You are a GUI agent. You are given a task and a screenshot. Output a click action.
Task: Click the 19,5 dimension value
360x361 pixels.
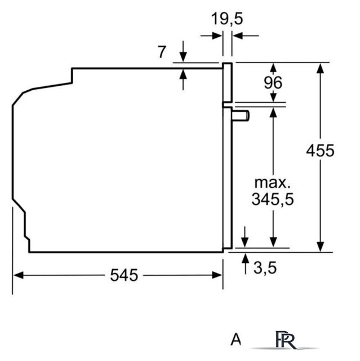(227, 19)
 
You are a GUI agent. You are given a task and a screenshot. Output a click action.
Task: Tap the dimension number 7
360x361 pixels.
(162, 52)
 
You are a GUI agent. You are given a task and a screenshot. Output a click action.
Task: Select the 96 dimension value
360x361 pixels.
(273, 83)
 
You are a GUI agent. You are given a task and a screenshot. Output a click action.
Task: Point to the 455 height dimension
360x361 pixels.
(320, 151)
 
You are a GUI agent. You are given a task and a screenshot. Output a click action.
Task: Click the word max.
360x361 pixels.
(273, 183)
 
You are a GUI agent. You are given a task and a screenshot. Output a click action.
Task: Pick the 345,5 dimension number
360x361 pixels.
(273, 199)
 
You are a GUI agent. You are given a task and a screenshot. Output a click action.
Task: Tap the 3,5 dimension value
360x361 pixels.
(265, 268)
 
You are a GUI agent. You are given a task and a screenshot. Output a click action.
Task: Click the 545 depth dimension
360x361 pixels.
(124, 275)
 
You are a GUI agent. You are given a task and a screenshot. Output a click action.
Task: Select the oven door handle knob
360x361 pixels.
(241, 116)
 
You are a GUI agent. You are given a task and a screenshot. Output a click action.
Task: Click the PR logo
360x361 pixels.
(286, 340)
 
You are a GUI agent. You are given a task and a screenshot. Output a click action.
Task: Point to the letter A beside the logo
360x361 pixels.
(235, 340)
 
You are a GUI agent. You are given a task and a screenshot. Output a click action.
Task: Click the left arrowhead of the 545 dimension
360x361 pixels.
(19, 275)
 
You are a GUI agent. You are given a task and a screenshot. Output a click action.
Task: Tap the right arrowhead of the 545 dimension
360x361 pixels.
(217, 275)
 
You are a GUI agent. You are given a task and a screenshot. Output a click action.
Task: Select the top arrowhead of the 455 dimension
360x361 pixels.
(320, 68)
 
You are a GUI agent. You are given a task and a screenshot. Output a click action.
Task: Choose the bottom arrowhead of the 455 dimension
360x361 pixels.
(320, 247)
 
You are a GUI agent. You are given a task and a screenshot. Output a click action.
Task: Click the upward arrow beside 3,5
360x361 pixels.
(246, 263)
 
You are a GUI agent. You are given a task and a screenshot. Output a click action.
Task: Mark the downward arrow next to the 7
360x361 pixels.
(183, 51)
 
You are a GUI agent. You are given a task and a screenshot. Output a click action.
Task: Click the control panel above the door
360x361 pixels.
(228, 82)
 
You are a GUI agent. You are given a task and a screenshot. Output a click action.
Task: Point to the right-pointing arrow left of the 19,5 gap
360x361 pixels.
(211, 36)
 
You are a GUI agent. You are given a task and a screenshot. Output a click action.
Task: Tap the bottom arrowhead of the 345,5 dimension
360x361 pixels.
(273, 243)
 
